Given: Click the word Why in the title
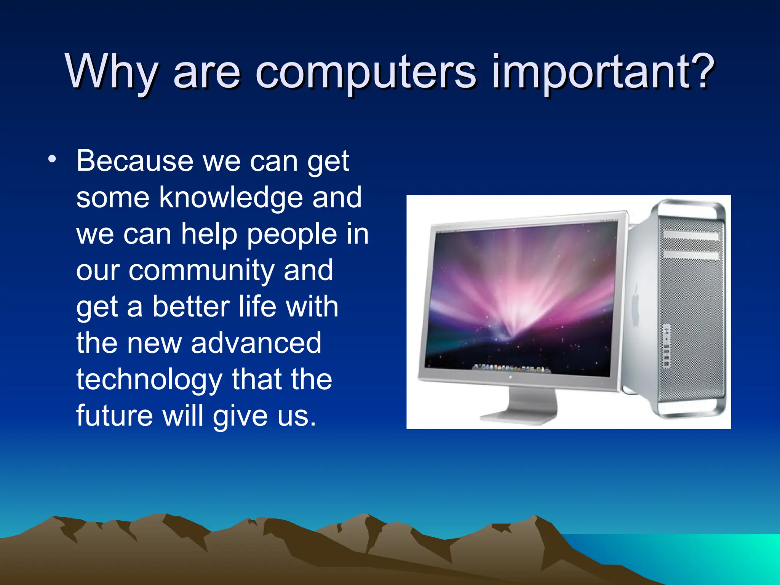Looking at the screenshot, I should [111, 72].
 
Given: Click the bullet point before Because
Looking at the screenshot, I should [52, 159].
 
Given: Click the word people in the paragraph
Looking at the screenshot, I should [292, 235].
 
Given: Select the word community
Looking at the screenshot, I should [201, 270].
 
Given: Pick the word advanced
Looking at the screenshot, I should [256, 343].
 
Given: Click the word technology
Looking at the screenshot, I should [149, 380].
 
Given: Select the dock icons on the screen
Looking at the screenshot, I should [511, 368].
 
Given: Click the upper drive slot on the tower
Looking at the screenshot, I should [691, 235].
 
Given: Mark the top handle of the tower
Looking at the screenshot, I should [689, 208].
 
